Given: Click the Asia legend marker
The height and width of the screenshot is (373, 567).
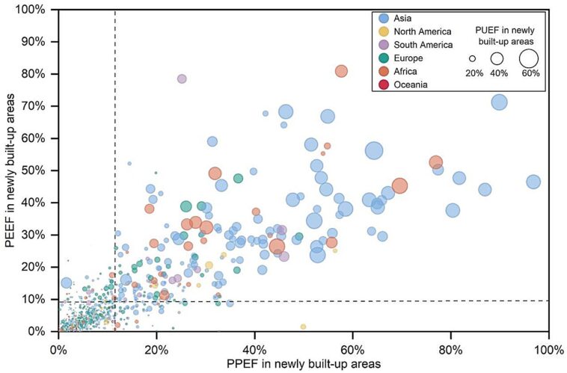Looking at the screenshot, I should (x=384, y=18).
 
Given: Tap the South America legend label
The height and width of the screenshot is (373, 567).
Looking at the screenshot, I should (x=424, y=45).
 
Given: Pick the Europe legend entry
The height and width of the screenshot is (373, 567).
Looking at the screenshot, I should (x=411, y=58).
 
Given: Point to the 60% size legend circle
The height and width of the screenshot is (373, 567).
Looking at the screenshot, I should (x=529, y=58).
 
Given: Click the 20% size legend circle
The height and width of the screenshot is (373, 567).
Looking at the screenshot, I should (x=473, y=58).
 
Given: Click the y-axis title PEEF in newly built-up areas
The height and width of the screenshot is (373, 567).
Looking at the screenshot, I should (x=11, y=170).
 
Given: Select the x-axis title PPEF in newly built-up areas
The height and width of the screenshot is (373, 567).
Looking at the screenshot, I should (x=302, y=363).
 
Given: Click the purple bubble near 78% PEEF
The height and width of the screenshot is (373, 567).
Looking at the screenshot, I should (x=182, y=78).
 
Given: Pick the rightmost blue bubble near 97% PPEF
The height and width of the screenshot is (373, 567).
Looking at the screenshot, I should (x=533, y=182).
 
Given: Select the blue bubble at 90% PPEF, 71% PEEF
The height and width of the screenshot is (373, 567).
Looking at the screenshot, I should (x=499, y=102).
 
